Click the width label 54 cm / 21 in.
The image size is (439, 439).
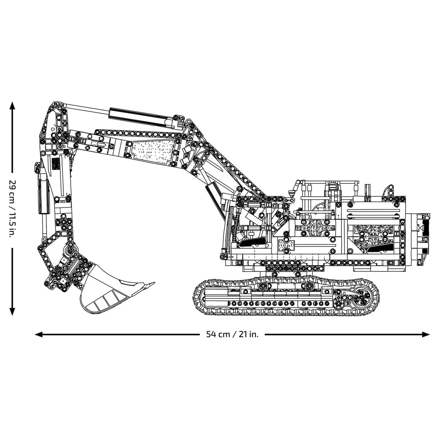pos(233,334)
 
